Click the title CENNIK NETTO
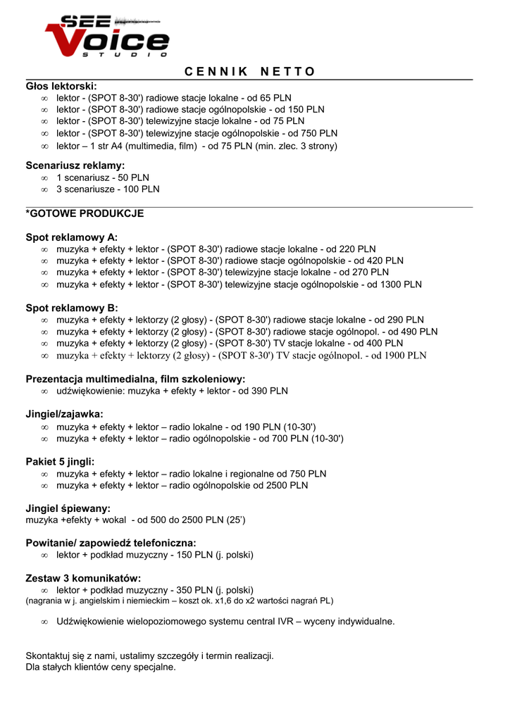250,72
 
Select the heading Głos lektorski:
61,86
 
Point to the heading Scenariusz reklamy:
75,165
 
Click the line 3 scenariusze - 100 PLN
108,189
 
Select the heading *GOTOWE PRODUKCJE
85,213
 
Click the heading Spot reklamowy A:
72,237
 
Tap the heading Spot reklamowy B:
72,308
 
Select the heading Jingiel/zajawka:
65,414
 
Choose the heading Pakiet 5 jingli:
60,462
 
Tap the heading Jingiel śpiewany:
68,508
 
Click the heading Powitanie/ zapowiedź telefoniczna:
111,543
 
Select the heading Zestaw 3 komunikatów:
84,578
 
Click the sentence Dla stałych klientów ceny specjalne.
101,667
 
